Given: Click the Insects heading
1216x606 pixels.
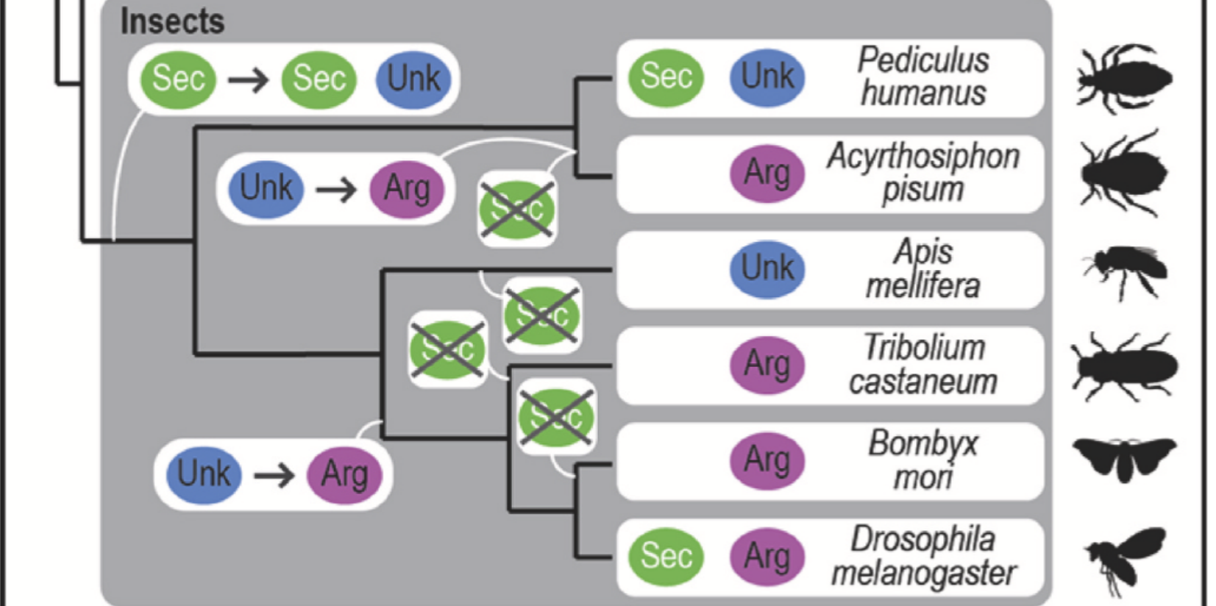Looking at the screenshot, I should [x=172, y=21].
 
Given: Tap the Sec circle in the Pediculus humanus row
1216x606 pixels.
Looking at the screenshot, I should [x=666, y=77].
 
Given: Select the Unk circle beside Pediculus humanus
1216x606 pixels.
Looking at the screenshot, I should [x=767, y=77].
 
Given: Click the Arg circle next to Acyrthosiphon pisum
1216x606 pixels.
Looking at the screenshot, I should [x=767, y=174].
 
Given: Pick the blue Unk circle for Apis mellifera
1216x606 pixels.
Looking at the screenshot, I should [x=767, y=268].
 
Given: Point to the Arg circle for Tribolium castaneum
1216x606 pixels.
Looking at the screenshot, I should [x=767, y=365].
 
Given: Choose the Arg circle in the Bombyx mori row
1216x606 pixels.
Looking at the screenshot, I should [x=767, y=460].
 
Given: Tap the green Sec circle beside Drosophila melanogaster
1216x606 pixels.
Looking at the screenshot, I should [x=666, y=556].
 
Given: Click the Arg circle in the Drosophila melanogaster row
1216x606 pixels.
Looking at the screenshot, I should [x=767, y=556].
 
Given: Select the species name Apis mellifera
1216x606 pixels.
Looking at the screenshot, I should [x=923, y=269].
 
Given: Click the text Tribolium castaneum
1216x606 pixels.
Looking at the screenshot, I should [x=923, y=365].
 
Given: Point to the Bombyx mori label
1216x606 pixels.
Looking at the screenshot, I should [x=923, y=460].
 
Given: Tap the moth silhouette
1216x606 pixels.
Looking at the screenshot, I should [x=1124, y=457].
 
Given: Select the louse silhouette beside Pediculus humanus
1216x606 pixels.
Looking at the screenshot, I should [x=1124, y=78].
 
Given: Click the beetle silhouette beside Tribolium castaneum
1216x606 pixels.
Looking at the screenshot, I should [x=1124, y=366].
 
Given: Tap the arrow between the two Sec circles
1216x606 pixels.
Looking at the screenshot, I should [x=249, y=79].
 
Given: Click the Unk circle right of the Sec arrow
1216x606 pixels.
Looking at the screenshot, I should [x=413, y=79].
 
